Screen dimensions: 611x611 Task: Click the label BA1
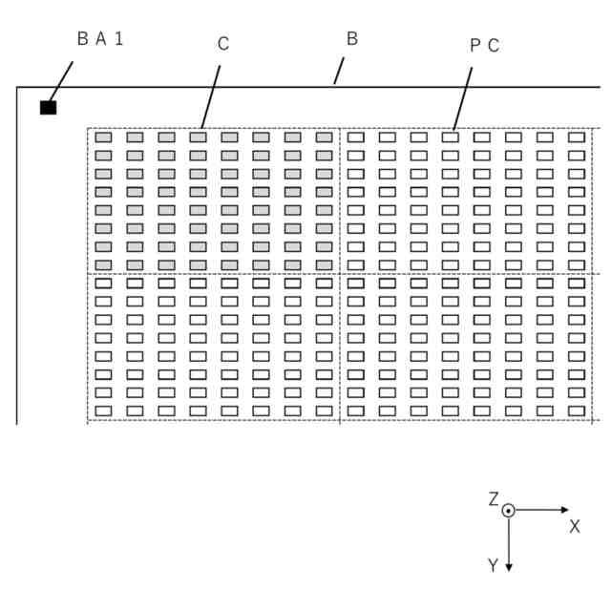click(x=100, y=39)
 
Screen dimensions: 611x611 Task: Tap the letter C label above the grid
click(x=223, y=44)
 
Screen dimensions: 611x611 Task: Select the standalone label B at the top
click(x=351, y=39)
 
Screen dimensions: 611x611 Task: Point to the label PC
click(x=484, y=45)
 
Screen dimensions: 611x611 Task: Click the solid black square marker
click(x=48, y=107)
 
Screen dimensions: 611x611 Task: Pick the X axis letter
click(x=575, y=526)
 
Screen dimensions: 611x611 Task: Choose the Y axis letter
click(x=493, y=565)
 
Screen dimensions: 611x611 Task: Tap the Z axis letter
click(x=494, y=499)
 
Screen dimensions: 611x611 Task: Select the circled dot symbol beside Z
click(x=509, y=511)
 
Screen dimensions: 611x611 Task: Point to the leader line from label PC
click(x=463, y=96)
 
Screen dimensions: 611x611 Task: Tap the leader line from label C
click(x=211, y=95)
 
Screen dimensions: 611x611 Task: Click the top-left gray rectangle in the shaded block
click(x=103, y=137)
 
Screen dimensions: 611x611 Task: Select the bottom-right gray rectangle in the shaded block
click(x=324, y=264)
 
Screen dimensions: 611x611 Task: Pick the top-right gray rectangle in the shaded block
click(x=324, y=137)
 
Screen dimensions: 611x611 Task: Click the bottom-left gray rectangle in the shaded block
click(x=103, y=264)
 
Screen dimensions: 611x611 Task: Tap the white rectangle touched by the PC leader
click(x=450, y=137)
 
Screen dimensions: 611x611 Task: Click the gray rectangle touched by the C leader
click(x=198, y=137)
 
